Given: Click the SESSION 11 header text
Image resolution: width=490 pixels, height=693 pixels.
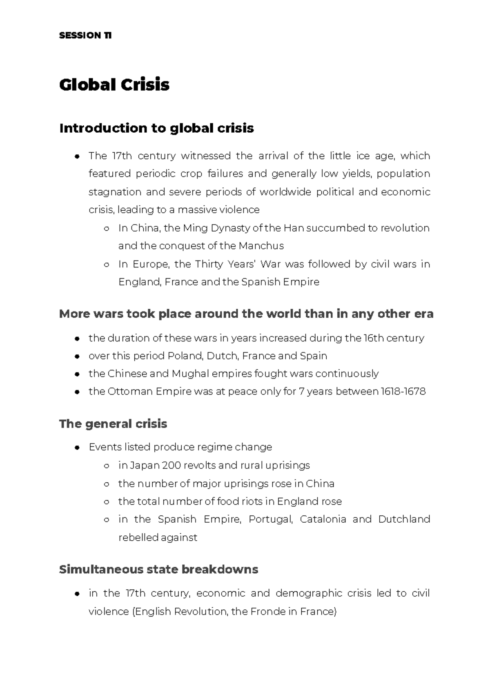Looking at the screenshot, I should [x=85, y=36].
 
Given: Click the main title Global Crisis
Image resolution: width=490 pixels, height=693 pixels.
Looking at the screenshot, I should [x=114, y=85].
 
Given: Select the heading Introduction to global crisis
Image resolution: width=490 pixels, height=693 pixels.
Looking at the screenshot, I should [x=156, y=128].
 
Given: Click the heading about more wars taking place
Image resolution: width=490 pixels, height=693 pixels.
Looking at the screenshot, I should [x=246, y=314].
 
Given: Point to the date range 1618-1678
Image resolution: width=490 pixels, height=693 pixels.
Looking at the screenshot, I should [x=403, y=391].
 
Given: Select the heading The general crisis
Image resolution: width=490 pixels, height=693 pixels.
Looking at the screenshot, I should [x=113, y=424].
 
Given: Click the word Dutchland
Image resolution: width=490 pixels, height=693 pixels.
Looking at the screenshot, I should [x=404, y=519].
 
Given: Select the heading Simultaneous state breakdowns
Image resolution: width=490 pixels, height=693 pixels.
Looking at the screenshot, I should [x=158, y=569].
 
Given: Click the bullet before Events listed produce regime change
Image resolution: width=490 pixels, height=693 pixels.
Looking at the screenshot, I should [x=77, y=448].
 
